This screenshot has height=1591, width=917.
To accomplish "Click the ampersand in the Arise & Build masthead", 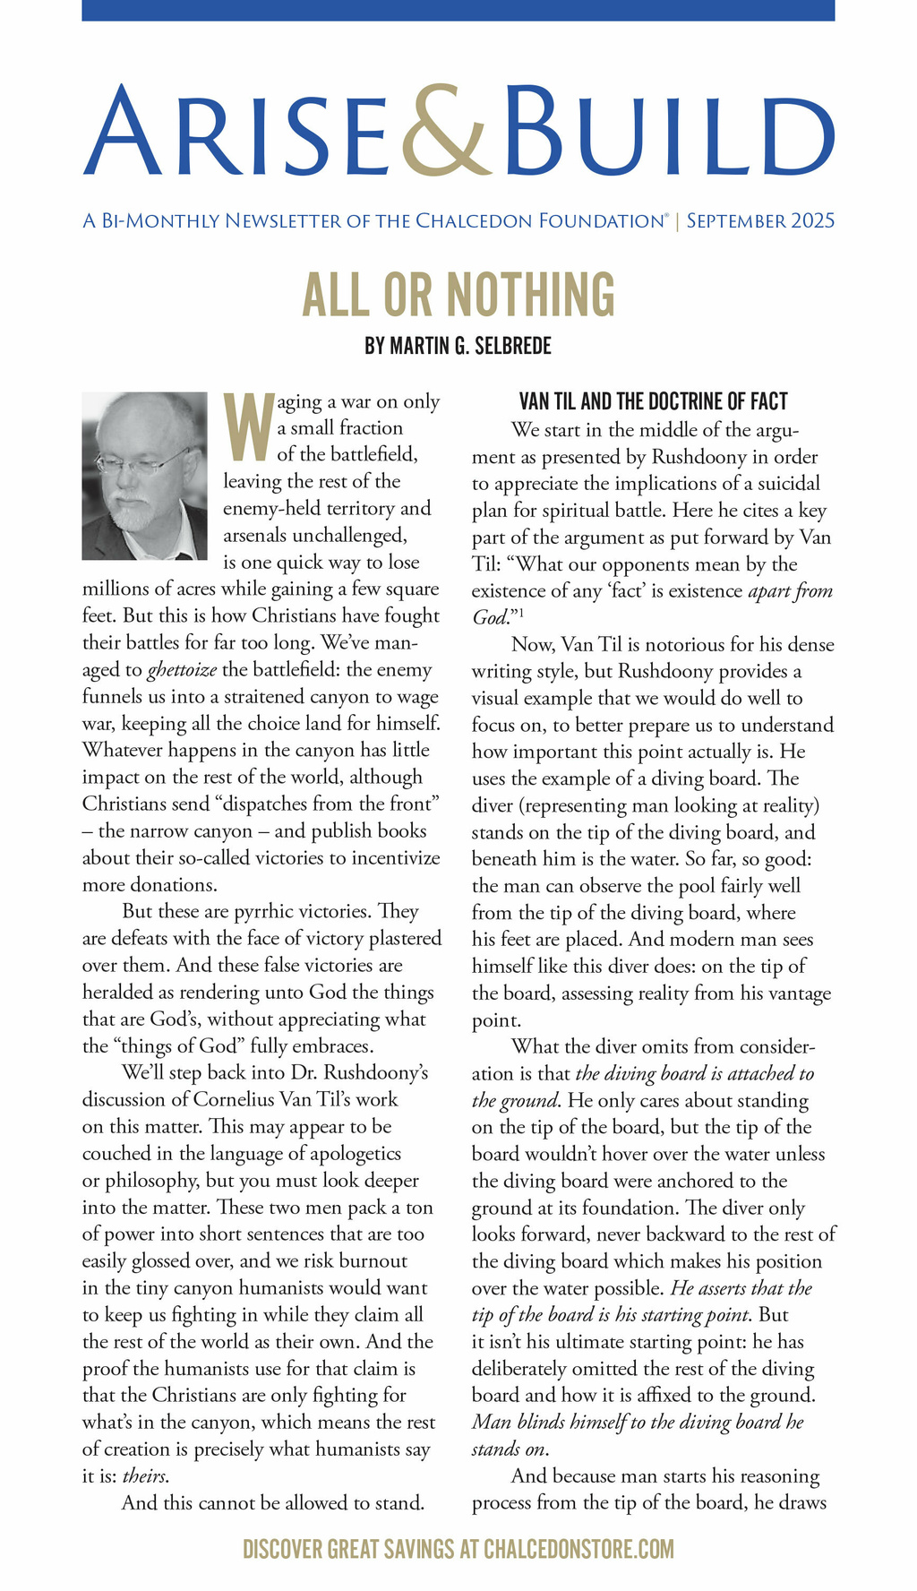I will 444,132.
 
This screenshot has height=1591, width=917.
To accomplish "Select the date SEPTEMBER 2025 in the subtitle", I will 760,220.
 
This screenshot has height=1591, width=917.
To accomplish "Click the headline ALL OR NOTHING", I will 458,294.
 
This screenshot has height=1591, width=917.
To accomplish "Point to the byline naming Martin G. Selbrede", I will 458,346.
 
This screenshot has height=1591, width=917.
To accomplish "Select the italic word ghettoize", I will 183,669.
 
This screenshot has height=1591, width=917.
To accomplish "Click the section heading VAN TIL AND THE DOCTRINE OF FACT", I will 653,401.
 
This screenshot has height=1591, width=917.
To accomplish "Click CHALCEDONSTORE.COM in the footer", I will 578,1549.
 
